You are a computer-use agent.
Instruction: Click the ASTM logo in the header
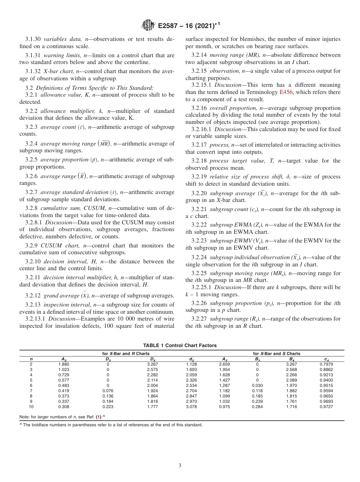click(148, 25)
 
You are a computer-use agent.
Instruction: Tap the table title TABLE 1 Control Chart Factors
click(180, 345)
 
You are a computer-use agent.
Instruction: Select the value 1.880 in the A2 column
click(64, 364)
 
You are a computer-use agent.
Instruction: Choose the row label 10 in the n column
click(31, 407)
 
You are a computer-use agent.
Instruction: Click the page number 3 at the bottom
click(180, 466)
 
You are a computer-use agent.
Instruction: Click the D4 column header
click(152, 359)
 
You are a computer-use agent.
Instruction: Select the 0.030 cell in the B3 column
click(257, 385)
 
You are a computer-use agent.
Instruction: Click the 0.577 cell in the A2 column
click(64, 380)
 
